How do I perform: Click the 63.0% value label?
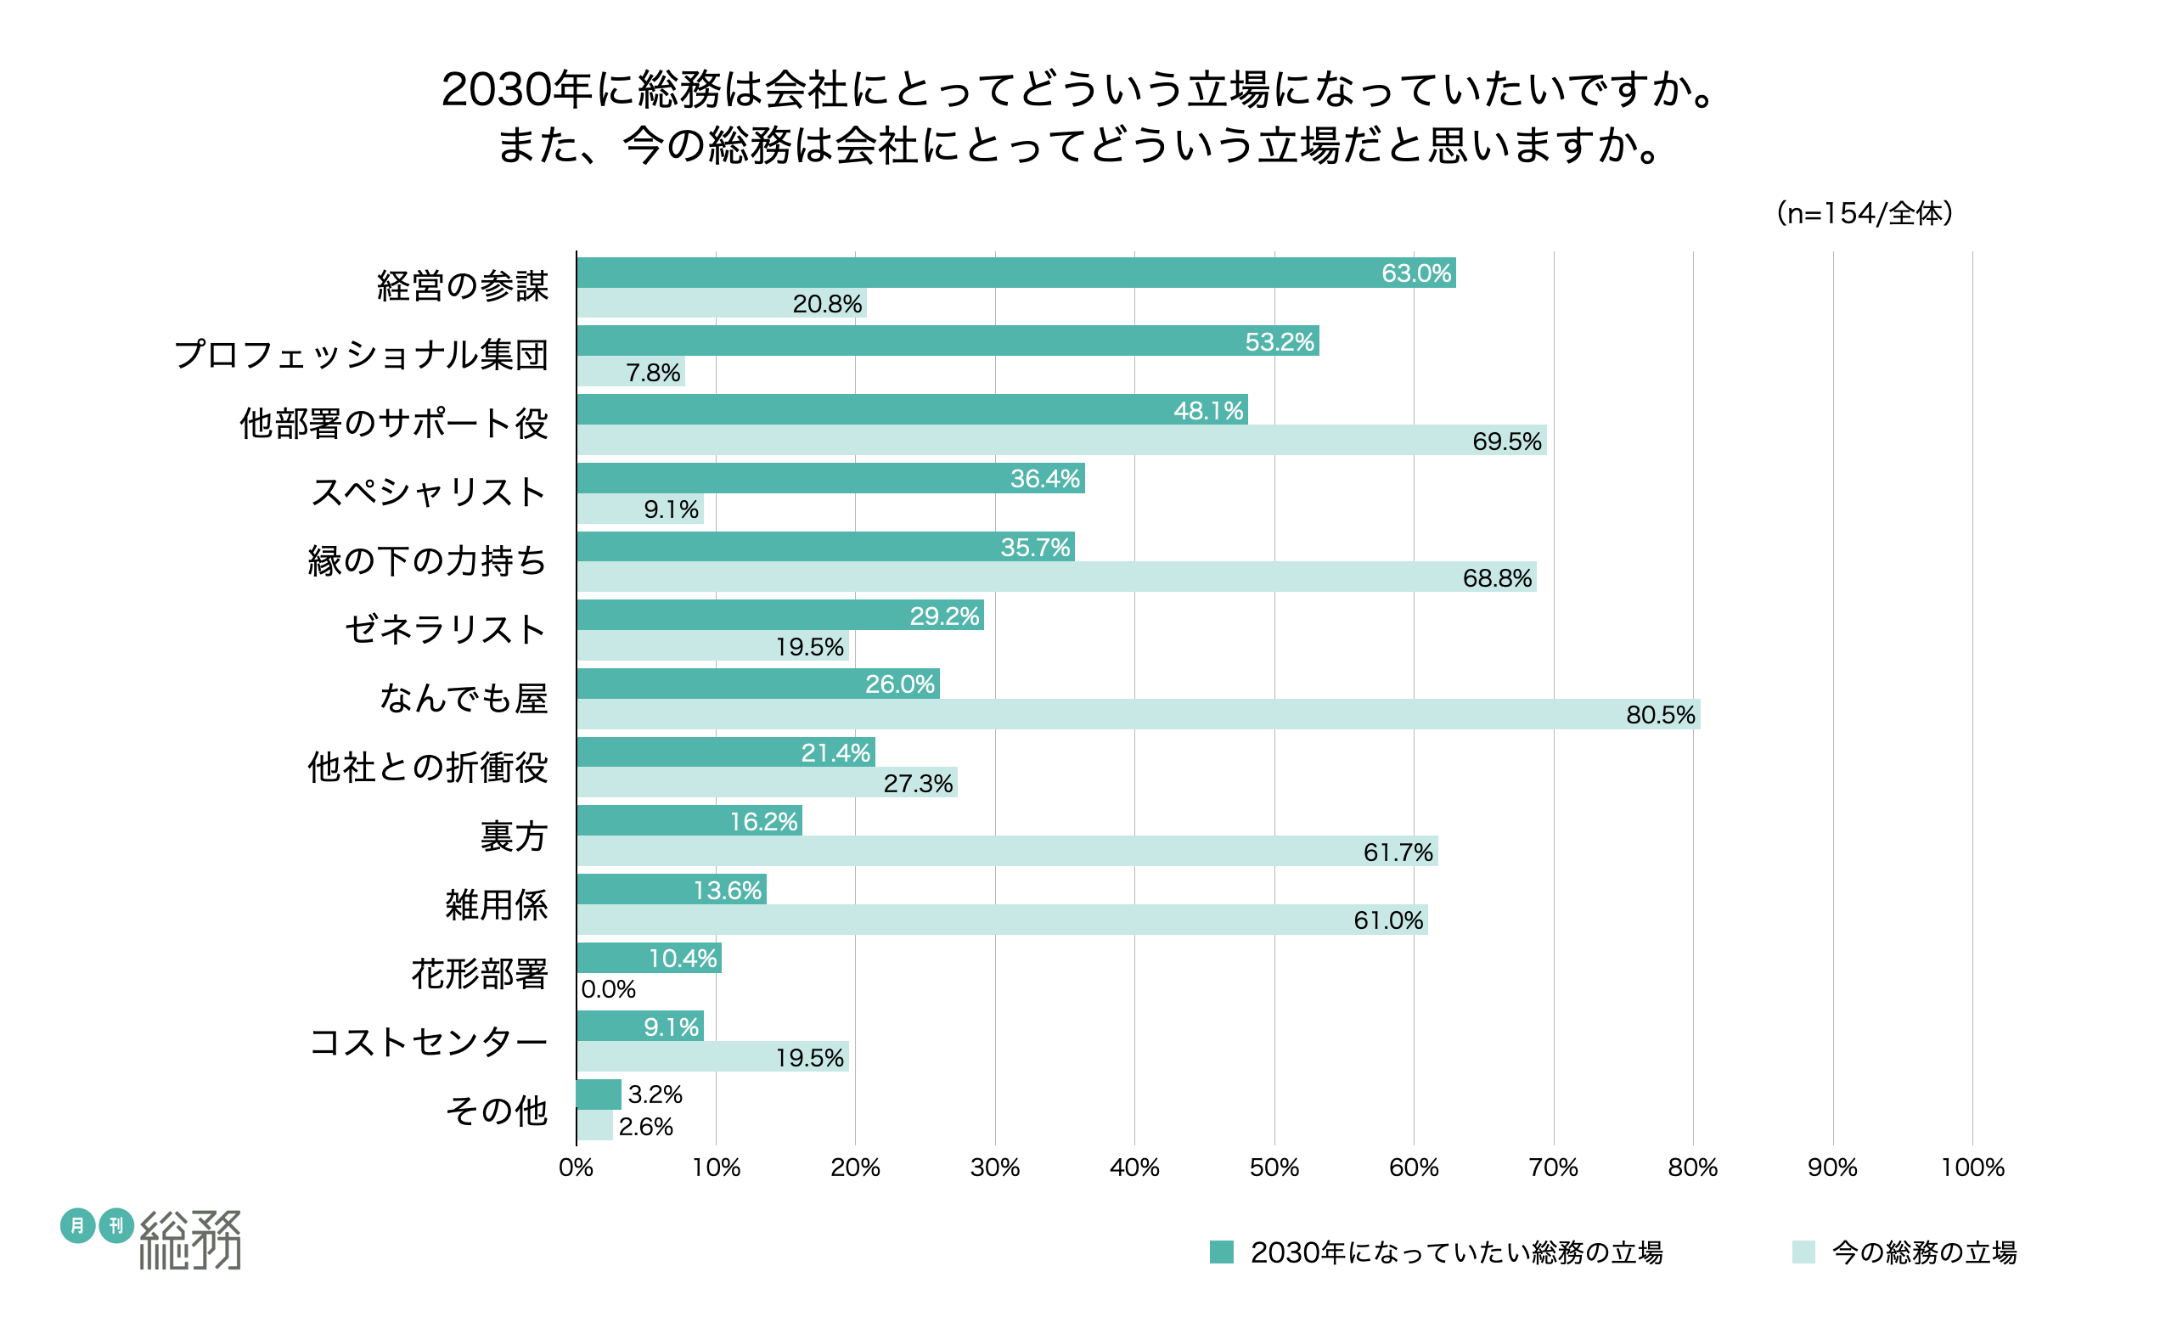point(1415,274)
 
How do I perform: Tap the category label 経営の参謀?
point(462,286)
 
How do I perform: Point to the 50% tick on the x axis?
point(1274,1168)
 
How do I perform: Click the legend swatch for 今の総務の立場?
point(1803,1252)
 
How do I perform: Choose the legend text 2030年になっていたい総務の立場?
point(1456,1252)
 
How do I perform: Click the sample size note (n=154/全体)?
point(1865,213)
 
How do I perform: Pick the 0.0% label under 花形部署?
point(608,988)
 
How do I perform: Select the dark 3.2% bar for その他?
point(599,1094)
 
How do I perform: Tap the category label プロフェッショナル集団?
point(362,354)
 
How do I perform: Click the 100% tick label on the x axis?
point(1972,1168)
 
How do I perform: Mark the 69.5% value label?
point(1506,441)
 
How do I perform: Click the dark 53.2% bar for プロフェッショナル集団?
point(948,341)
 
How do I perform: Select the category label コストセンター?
point(429,1042)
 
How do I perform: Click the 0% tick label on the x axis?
point(576,1168)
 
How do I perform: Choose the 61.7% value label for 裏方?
point(1398,852)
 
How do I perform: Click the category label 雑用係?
point(497,905)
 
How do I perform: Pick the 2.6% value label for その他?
point(645,1127)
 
